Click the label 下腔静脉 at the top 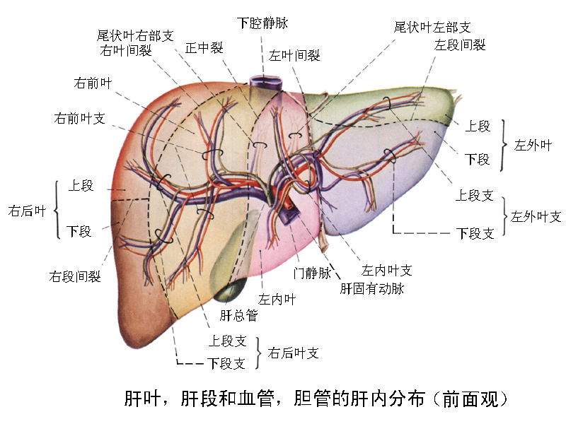click(263, 23)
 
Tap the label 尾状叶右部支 click(134, 35)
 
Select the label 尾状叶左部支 click(432, 28)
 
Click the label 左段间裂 click(460, 45)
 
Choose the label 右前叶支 click(79, 118)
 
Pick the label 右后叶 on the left click(27, 210)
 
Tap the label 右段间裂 click(75, 276)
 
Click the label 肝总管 click(238, 314)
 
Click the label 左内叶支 click(387, 270)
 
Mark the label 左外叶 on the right click(532, 145)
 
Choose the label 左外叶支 click(536, 216)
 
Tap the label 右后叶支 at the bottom click(294, 353)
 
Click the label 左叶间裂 click(294, 55)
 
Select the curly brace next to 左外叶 click(504, 145)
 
